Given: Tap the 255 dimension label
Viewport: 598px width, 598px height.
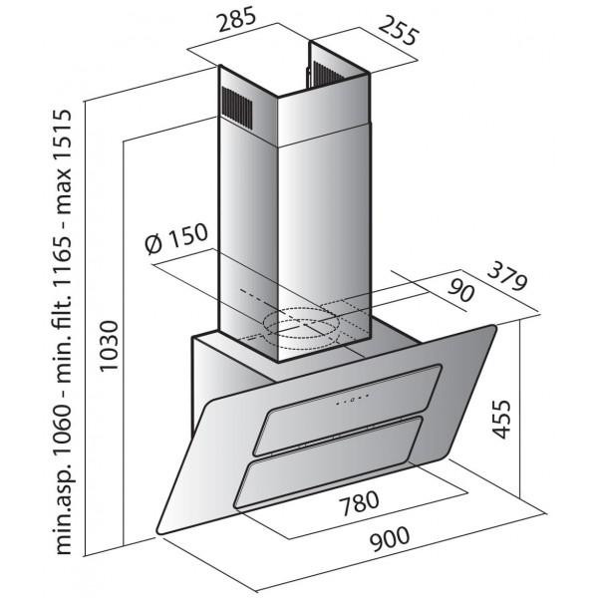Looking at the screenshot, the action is click(399, 31).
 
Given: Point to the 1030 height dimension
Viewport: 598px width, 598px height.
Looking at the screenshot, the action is click(110, 346).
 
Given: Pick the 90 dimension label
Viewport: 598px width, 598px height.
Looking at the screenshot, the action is click(461, 291).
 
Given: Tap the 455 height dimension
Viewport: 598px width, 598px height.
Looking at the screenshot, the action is click(501, 420).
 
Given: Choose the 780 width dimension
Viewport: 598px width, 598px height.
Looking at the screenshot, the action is click(360, 502).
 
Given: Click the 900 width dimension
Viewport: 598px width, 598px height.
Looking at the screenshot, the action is click(390, 538).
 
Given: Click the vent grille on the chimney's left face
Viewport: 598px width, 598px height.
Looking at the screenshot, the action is click(237, 108).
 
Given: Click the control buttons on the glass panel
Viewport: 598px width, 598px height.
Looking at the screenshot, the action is click(353, 400).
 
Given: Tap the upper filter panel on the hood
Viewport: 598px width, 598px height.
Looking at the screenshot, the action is click(347, 410).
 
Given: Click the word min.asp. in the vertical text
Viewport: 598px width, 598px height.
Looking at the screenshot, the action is click(62, 512).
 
